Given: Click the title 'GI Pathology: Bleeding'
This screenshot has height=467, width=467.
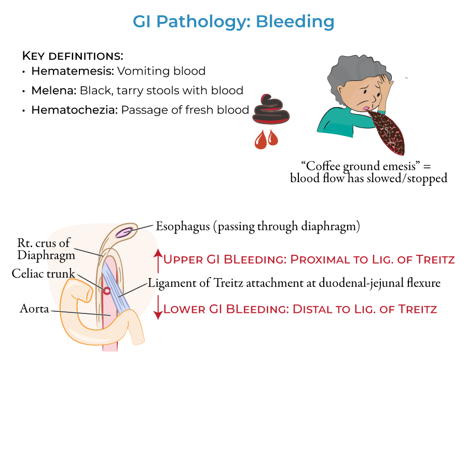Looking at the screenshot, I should point(233,22).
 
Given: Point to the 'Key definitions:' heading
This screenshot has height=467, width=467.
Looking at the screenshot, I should point(73,55).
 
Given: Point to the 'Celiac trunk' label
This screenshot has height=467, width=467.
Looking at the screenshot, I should point(44,273).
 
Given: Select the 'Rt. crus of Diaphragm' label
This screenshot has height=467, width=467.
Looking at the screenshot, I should point(44,249).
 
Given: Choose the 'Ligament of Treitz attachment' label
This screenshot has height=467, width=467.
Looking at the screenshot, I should point(294,283).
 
